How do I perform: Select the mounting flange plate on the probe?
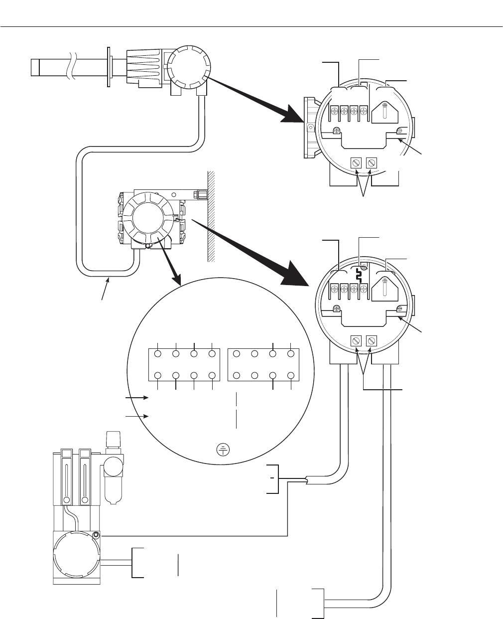[x=109, y=66]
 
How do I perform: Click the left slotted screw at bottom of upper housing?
[x=357, y=163]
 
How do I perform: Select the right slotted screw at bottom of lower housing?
[x=371, y=341]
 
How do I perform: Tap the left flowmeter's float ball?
[x=66, y=500]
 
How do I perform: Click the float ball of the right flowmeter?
[x=84, y=500]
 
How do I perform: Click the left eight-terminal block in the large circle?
[x=185, y=364]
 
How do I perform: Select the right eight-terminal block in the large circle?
[x=263, y=364]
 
